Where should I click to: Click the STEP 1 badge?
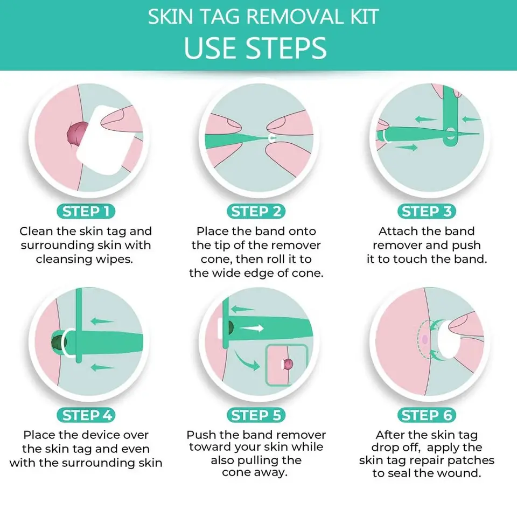86,211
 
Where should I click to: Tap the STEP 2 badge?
256,211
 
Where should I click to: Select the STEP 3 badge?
427,211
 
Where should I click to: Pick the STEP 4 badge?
86,415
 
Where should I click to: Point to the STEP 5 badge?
256,415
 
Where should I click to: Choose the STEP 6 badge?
427,415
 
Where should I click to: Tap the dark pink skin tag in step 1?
77,134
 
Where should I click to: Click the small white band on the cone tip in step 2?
272,138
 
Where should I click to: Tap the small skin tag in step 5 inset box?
288,364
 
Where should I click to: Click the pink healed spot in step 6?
425,339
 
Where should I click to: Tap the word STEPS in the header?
286,48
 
